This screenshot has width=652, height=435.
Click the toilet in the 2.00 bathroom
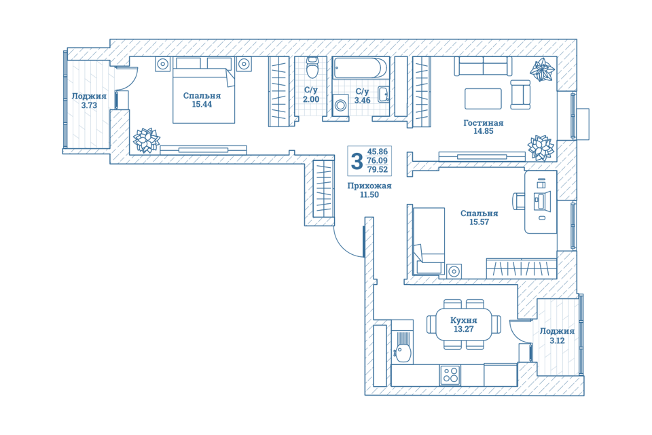point(312,67)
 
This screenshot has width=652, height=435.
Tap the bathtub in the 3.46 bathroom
point(360,68)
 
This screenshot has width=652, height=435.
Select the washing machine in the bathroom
point(340,105)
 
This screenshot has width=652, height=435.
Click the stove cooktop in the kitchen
point(450,375)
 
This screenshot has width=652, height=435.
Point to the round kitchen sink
point(403,353)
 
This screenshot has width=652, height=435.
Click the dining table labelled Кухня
point(464,324)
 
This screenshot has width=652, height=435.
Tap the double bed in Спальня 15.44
point(204,90)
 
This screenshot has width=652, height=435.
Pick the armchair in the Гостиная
point(520,94)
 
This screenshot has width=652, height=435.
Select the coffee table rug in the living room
point(483,99)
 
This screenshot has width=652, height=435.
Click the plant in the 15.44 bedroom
point(146,140)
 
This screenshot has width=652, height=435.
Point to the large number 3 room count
point(357,161)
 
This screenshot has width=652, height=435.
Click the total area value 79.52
point(378,169)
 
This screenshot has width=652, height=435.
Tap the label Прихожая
point(369,186)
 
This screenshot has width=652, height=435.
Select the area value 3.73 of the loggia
point(89,105)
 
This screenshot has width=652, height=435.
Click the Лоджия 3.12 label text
point(557,336)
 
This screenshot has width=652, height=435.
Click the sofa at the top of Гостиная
point(483,66)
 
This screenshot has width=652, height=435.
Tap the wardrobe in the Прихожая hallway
point(323,188)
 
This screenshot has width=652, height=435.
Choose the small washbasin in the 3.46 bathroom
point(383,94)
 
